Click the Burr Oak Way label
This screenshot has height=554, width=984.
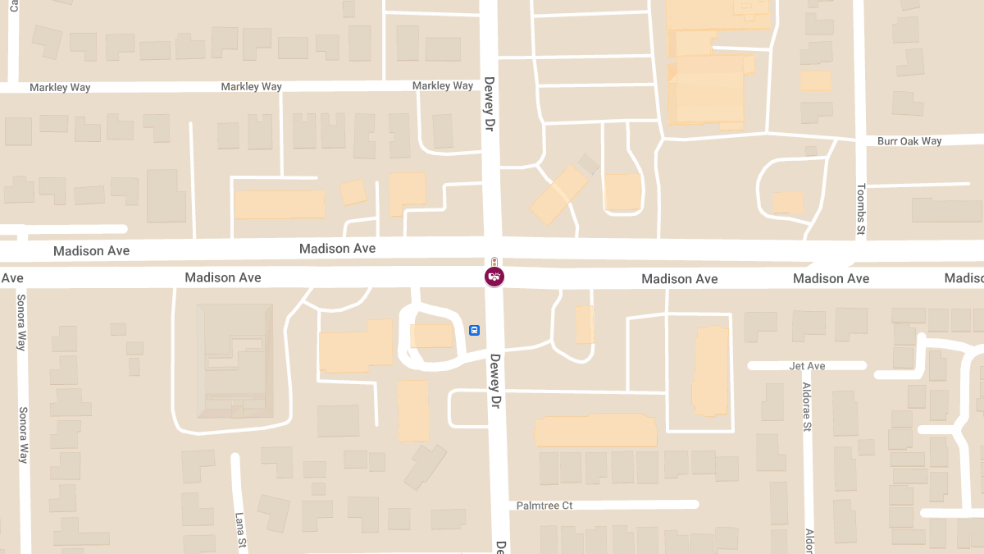point(909,141)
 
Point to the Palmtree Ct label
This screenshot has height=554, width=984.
point(544,506)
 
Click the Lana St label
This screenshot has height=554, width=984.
point(240,531)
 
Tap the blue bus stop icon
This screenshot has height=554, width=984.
point(474,330)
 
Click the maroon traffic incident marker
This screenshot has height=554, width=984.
point(494,277)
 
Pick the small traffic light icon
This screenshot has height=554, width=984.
point(494,262)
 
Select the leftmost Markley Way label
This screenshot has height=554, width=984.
point(60,88)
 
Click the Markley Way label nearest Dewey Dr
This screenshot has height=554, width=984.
point(443,86)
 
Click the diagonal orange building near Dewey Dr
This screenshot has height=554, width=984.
point(558,195)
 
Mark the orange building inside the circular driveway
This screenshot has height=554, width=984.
point(431,336)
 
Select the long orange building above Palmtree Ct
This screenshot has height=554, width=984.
point(595,431)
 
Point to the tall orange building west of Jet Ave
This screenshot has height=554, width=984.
point(711,371)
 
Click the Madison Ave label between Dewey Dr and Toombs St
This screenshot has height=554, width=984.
point(679,279)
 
